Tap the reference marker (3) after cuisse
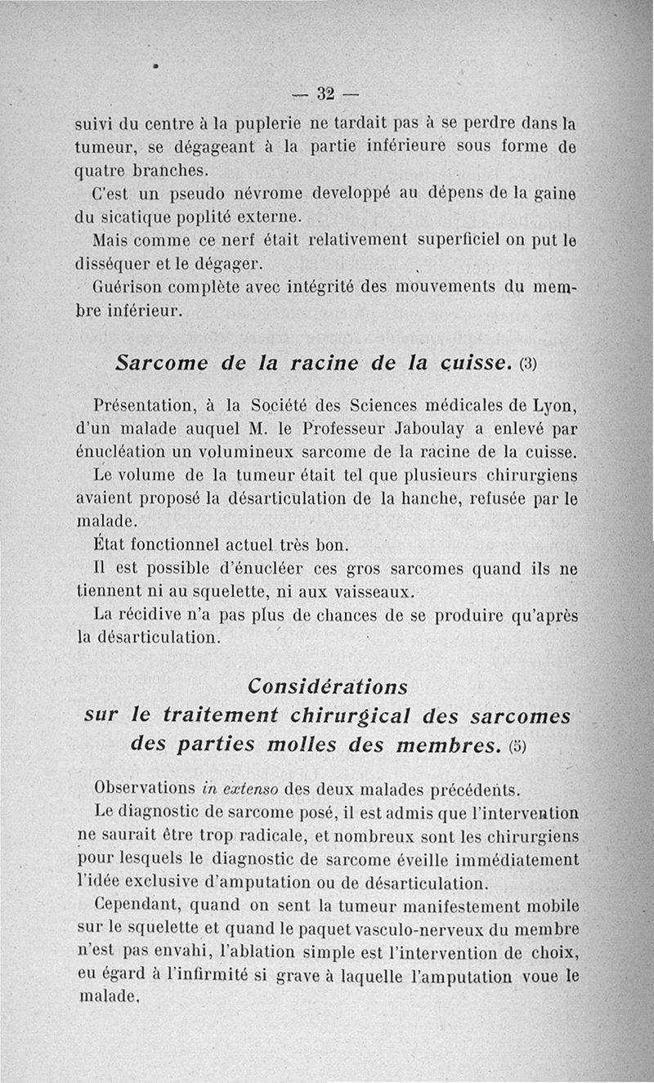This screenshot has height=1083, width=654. [527, 365]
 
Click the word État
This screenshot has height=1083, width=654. [114, 544]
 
